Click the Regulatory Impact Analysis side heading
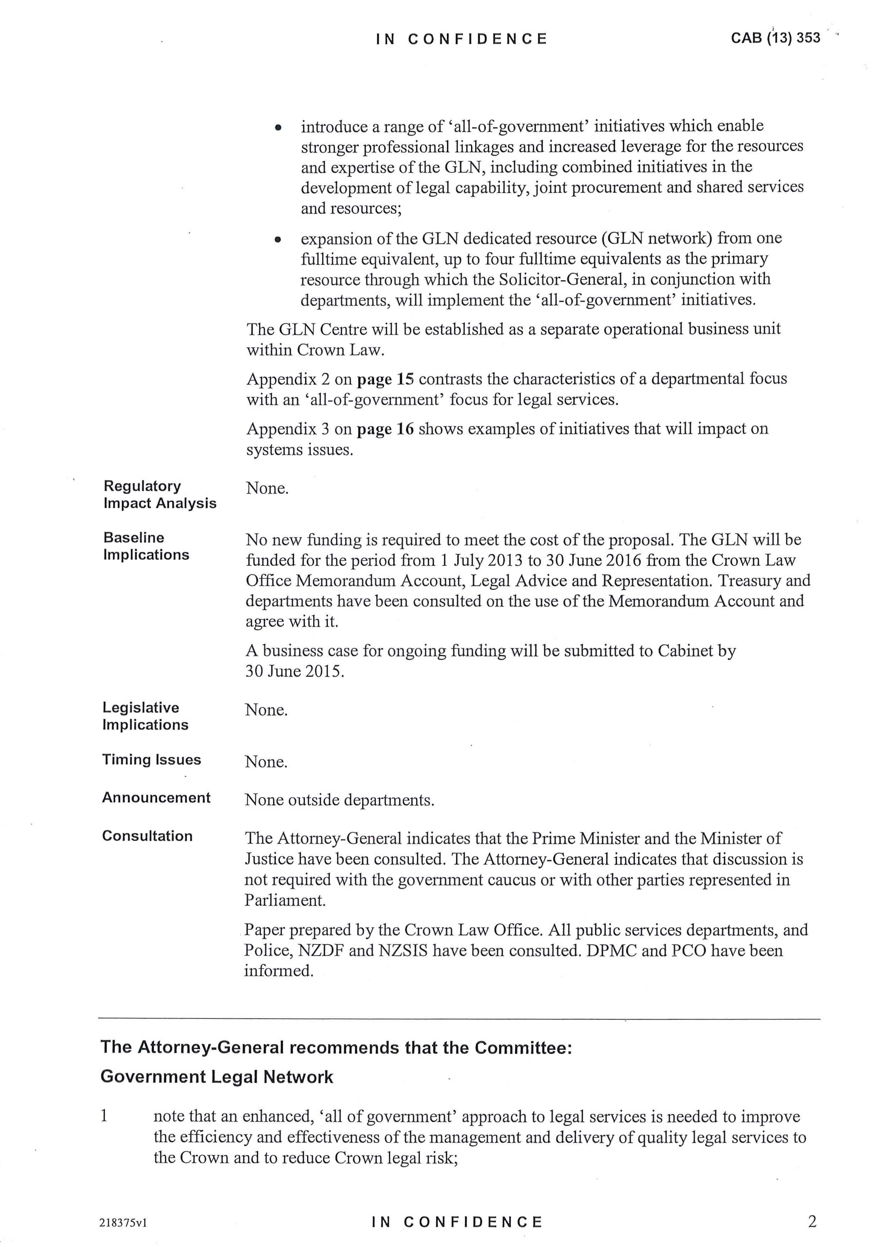tap(160, 494)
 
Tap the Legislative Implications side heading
tap(145, 716)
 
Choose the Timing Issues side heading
tap(151, 759)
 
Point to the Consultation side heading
tap(147, 836)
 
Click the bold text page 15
tap(385, 379)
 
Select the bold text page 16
tap(385, 429)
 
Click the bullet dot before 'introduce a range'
tap(278, 128)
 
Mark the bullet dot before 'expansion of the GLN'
tap(278, 240)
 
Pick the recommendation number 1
tap(104, 1116)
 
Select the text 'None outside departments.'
tap(340, 800)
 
